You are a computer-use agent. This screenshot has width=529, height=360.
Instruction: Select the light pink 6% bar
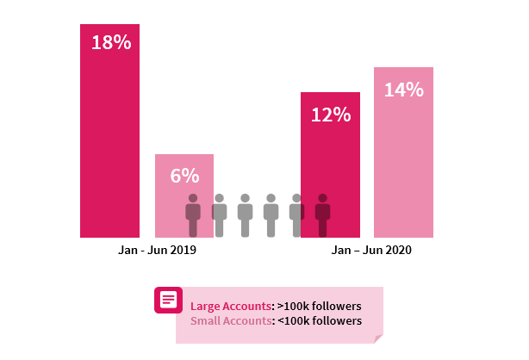tap(184, 207)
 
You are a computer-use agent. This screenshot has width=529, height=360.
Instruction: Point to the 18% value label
tap(110, 42)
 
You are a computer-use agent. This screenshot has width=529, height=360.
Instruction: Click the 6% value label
tap(184, 176)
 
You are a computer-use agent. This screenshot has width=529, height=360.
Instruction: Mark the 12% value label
tap(330, 115)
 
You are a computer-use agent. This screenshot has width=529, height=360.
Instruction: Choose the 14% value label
tap(403, 90)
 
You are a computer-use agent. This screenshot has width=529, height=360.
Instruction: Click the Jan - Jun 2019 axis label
tap(158, 251)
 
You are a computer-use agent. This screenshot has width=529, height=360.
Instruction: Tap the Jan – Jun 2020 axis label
tap(372, 251)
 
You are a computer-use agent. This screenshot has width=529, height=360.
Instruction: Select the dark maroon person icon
tap(322, 215)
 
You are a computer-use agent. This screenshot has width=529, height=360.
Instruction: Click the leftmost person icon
tap(193, 215)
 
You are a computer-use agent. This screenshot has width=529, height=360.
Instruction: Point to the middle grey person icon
tap(245, 215)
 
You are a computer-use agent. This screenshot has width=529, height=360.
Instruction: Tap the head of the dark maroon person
tap(322, 198)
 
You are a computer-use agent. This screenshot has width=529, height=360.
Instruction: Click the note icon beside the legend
tap(167, 301)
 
